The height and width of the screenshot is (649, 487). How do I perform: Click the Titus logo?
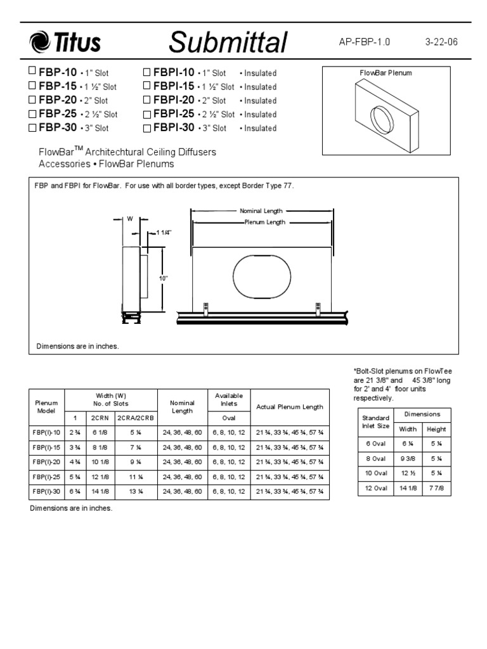65,43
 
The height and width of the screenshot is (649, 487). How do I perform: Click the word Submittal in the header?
228,43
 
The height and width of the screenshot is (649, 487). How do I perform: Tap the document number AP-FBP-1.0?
365,42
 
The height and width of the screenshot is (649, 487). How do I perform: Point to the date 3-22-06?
441,42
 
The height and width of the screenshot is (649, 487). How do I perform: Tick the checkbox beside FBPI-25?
147,114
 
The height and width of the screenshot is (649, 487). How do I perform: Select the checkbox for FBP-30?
32,127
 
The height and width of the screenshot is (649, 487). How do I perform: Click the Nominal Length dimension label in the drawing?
261,211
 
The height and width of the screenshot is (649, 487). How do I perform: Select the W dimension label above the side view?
129,219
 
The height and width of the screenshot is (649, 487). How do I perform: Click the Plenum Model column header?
46,406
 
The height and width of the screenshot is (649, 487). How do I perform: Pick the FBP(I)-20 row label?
46,461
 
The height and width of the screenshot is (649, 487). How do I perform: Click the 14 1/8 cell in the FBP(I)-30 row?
101,491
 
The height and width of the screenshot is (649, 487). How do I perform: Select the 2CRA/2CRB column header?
136,418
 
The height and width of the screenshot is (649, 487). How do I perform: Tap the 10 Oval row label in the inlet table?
375,473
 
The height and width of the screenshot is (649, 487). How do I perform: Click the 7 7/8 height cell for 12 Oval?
436,487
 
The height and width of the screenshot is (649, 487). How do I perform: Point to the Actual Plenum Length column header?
289,407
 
